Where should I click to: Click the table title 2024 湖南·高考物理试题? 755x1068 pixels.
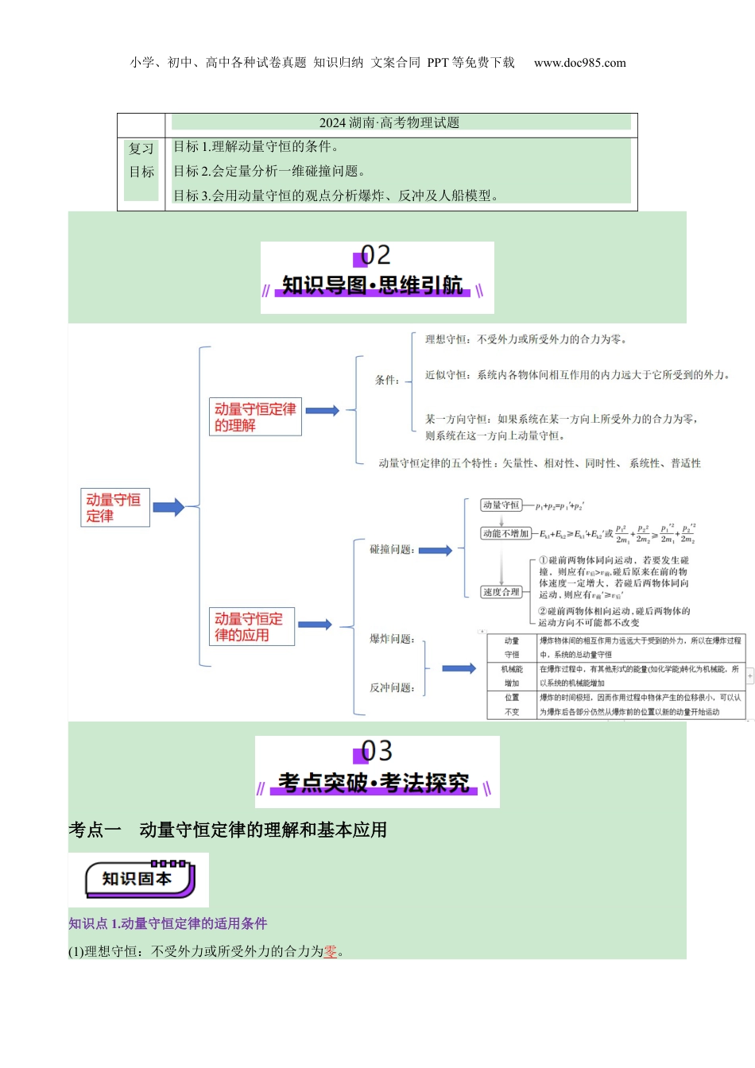click(x=389, y=122)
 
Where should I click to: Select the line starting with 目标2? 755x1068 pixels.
click(x=269, y=171)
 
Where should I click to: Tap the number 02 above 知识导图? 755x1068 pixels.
click(x=375, y=255)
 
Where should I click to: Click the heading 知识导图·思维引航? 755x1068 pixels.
click(x=372, y=285)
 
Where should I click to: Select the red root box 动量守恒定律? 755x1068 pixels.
click(x=114, y=508)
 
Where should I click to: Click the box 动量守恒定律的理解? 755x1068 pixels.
click(x=255, y=417)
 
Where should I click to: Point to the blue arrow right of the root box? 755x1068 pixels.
click(x=168, y=507)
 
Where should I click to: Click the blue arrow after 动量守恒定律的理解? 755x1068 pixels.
click(x=323, y=411)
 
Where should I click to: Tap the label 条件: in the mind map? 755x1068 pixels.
click(x=388, y=380)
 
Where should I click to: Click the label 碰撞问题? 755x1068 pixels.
click(x=392, y=549)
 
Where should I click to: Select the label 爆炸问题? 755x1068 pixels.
click(x=392, y=639)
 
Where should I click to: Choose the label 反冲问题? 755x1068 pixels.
click(x=392, y=687)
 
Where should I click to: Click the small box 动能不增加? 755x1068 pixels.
click(x=505, y=534)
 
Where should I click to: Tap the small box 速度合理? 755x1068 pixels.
click(x=501, y=592)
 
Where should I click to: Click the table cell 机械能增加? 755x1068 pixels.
click(x=512, y=676)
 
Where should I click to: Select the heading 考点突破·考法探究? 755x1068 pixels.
click(x=374, y=783)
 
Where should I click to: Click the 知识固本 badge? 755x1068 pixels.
click(x=139, y=879)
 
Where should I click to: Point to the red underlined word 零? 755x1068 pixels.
click(x=331, y=951)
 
